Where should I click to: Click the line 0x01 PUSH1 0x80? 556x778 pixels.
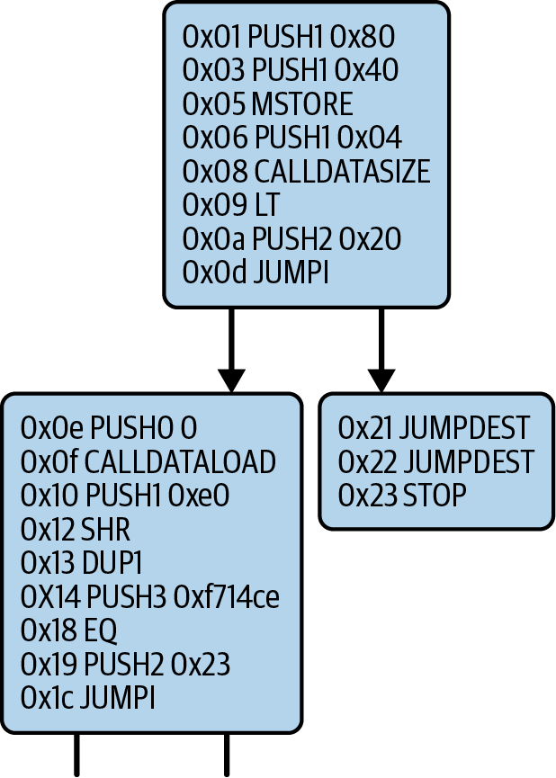[288, 38]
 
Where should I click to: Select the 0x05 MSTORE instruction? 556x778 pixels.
[267, 104]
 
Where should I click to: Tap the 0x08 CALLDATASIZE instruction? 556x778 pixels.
[306, 171]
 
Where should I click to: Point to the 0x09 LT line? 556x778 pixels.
[221, 204]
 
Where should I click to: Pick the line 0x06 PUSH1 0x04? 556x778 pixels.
[291, 138]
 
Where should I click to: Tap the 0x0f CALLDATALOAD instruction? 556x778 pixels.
[148, 461]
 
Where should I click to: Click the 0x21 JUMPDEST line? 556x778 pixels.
[435, 427]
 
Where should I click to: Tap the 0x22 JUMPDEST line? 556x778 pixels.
[436, 461]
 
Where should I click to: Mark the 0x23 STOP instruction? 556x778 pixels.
[402, 495]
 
